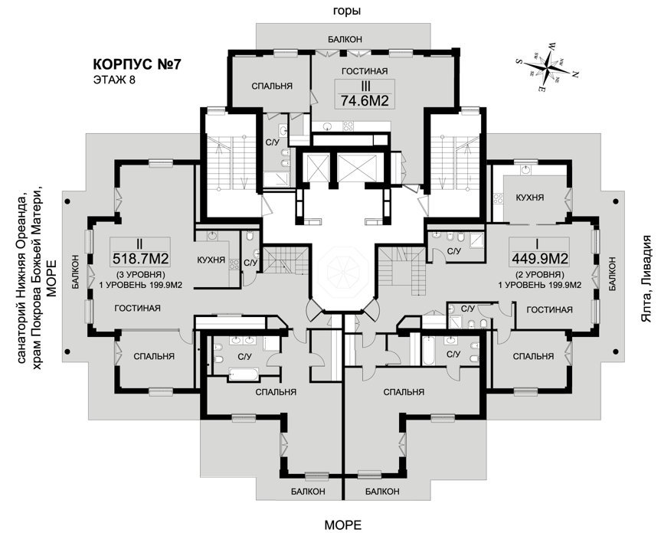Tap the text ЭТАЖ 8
coord(113,80)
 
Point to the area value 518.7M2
coord(141,257)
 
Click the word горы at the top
coord(347,11)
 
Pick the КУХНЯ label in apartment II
coord(210,260)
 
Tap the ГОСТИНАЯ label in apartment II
coord(137,309)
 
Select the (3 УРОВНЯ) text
coord(141,274)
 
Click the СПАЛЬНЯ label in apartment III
coord(272,86)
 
